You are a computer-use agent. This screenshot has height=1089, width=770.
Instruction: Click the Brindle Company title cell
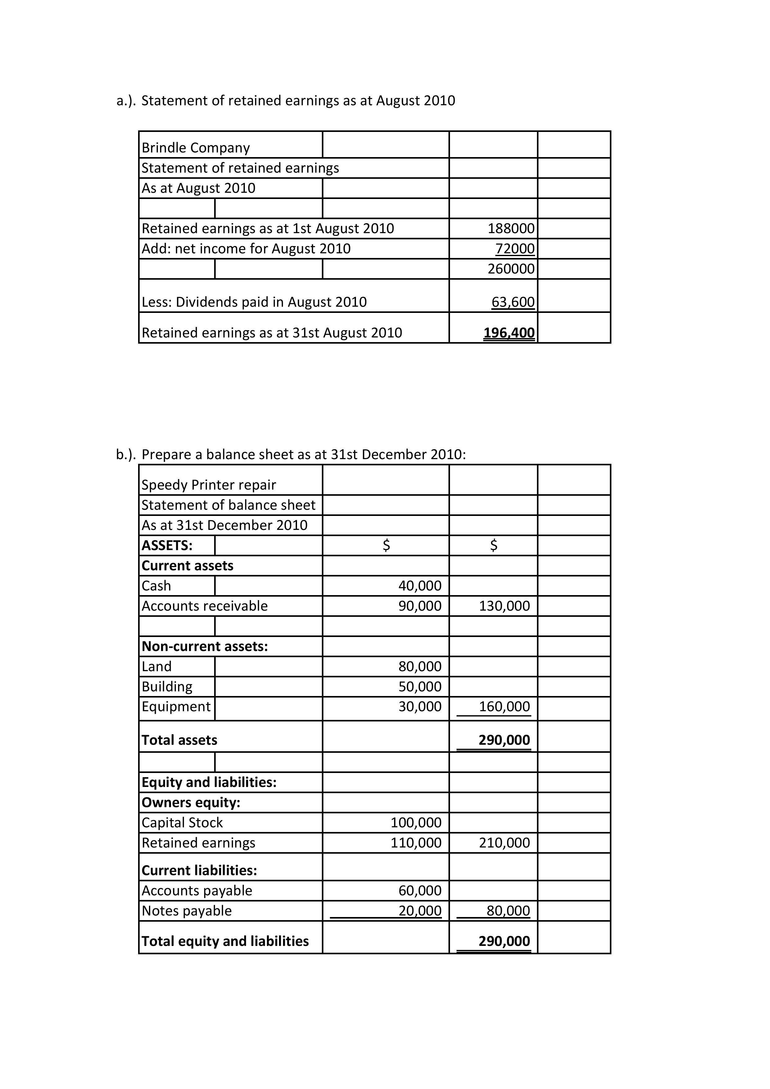point(196,148)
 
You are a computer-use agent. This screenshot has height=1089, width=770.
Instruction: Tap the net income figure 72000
point(515,249)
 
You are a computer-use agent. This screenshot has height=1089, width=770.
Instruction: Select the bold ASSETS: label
point(167,545)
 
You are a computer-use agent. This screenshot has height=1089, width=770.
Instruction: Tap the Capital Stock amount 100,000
point(416,822)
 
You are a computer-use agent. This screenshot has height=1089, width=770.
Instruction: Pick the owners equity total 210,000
point(504,843)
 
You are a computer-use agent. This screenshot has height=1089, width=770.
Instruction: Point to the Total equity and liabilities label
point(225,941)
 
